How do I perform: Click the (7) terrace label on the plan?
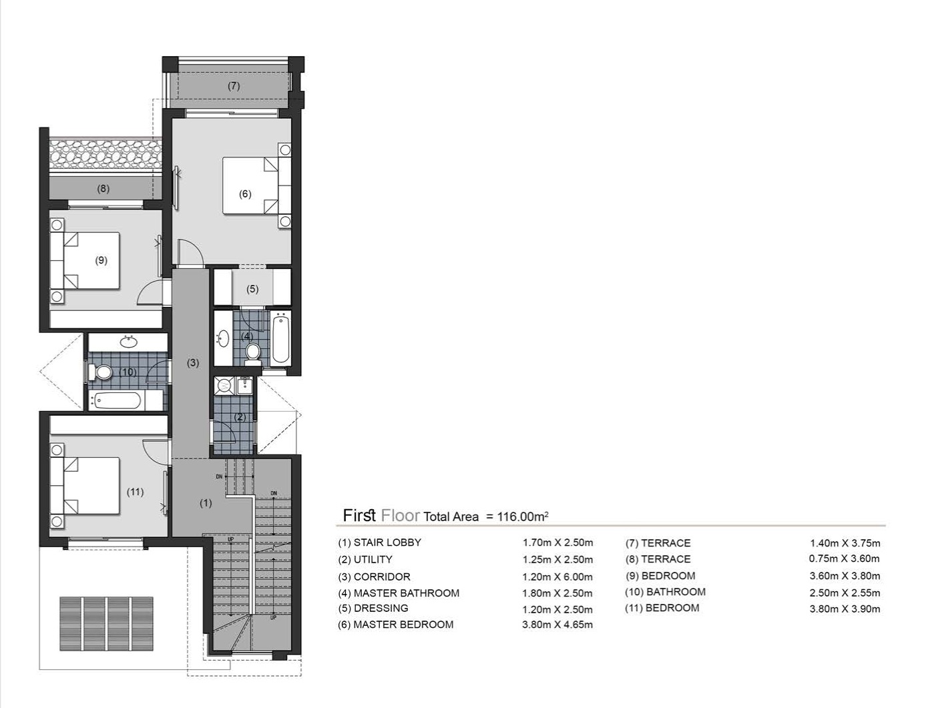coord(233,86)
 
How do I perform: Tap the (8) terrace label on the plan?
coord(103,189)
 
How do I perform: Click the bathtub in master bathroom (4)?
coord(280,339)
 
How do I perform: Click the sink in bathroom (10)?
coord(128,342)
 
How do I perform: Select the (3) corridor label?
coord(192,363)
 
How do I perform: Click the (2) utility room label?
coord(240,417)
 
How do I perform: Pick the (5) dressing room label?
coord(252,289)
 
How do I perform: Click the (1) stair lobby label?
coord(206,503)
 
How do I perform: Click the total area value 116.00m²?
coord(523,516)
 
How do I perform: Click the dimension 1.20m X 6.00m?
coord(557,577)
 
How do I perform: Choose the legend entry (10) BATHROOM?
coord(665,592)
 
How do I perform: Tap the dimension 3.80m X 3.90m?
coord(845,609)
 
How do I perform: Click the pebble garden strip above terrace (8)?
coord(105,154)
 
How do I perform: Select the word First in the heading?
coord(359,515)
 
